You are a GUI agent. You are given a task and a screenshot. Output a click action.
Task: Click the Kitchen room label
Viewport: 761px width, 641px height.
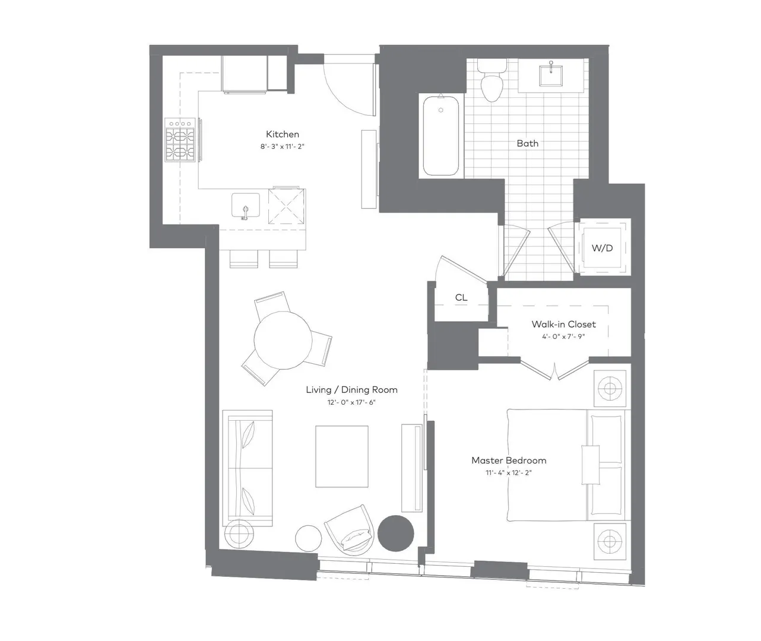283,134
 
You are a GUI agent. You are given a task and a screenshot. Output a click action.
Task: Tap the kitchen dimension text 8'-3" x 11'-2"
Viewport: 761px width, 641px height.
282,147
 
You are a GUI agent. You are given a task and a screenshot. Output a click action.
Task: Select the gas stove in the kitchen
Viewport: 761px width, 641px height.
180,139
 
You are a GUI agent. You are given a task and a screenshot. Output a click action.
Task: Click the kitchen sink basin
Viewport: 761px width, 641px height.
246,205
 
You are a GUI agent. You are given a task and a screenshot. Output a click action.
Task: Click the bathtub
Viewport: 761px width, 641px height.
440,135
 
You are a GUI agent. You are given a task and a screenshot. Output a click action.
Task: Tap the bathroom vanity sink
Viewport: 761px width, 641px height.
551,75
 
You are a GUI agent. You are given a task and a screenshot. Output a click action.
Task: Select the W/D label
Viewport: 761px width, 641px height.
602,248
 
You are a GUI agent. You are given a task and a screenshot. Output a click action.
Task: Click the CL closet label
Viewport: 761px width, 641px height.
461,297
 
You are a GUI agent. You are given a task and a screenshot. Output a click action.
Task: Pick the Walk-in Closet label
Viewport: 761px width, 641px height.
563,324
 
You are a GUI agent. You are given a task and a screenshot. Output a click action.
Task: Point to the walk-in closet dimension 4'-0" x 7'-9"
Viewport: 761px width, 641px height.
563,337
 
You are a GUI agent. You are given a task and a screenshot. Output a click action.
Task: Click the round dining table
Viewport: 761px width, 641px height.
283,340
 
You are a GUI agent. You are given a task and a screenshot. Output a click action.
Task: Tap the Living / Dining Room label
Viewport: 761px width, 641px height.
351,389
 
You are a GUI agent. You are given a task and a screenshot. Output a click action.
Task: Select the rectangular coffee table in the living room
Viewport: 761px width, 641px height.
342,456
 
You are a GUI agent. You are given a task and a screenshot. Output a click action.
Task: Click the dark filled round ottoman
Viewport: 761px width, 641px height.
396,534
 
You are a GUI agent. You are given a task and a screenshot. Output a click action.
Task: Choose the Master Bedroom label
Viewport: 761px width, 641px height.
509,460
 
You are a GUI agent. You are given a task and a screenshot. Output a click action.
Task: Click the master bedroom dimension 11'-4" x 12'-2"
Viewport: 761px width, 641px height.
509,472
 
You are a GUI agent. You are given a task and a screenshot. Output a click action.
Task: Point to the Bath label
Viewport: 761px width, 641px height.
527,143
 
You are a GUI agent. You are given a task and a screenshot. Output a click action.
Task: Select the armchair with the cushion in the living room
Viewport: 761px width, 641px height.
350,530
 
